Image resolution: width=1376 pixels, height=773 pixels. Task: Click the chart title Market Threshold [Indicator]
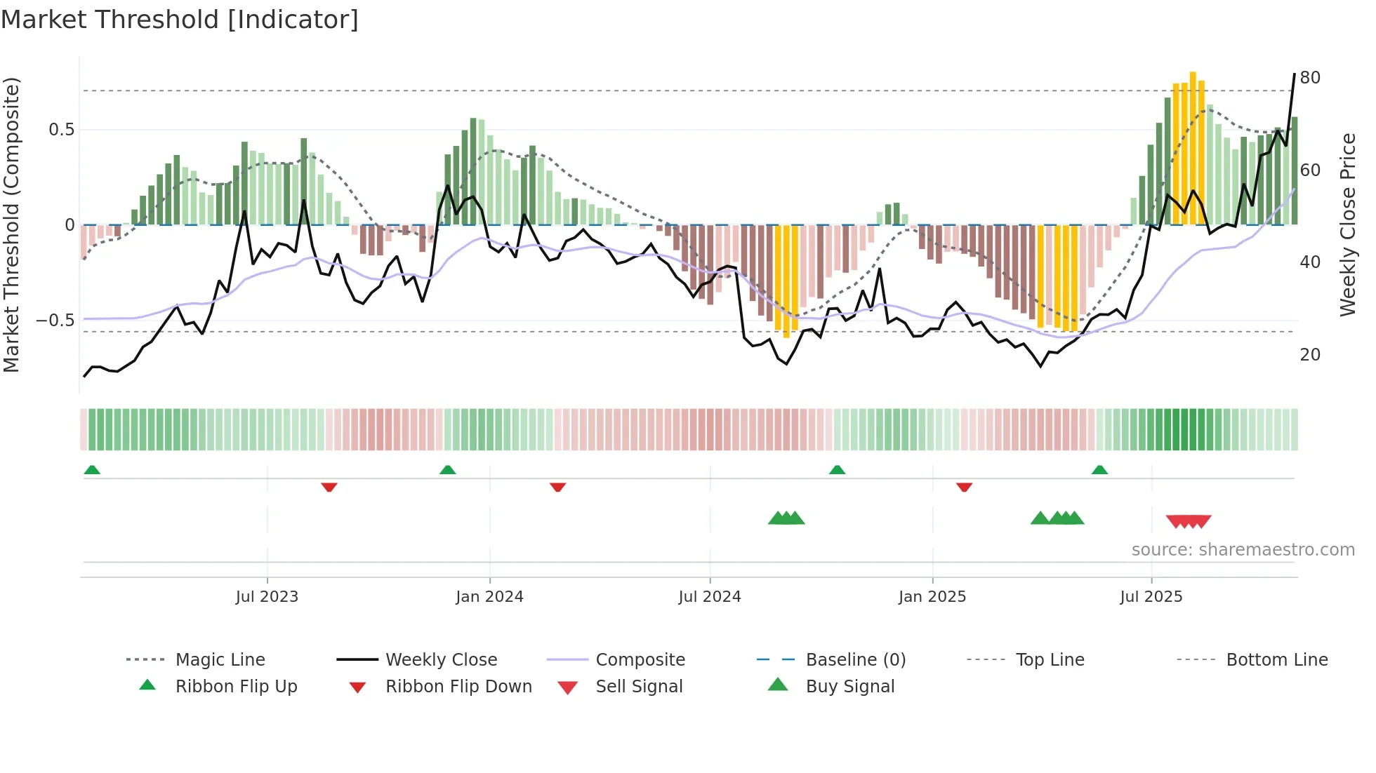(180, 20)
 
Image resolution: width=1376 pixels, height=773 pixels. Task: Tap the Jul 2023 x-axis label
(267, 597)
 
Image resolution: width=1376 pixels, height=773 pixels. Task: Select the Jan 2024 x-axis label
(489, 597)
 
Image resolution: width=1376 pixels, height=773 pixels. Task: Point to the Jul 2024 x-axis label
(709, 597)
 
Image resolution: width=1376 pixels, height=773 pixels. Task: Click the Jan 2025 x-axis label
(932, 597)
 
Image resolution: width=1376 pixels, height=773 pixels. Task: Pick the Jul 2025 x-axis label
(1151, 597)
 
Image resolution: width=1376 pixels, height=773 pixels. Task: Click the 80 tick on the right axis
(1310, 78)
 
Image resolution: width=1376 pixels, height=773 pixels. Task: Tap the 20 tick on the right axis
(1310, 355)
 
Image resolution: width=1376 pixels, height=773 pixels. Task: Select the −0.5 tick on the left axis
(55, 321)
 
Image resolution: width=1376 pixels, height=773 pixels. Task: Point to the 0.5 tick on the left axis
(61, 130)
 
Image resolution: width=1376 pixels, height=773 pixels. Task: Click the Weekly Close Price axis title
(1347, 224)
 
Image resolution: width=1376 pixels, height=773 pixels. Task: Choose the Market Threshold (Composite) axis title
(11, 224)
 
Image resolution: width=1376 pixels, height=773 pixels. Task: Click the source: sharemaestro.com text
(1243, 550)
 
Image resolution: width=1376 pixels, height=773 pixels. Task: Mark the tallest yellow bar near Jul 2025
(1193, 147)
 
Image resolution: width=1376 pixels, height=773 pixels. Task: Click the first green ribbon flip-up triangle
(92, 470)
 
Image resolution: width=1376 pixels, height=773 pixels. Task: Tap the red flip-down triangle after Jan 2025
(964, 487)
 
